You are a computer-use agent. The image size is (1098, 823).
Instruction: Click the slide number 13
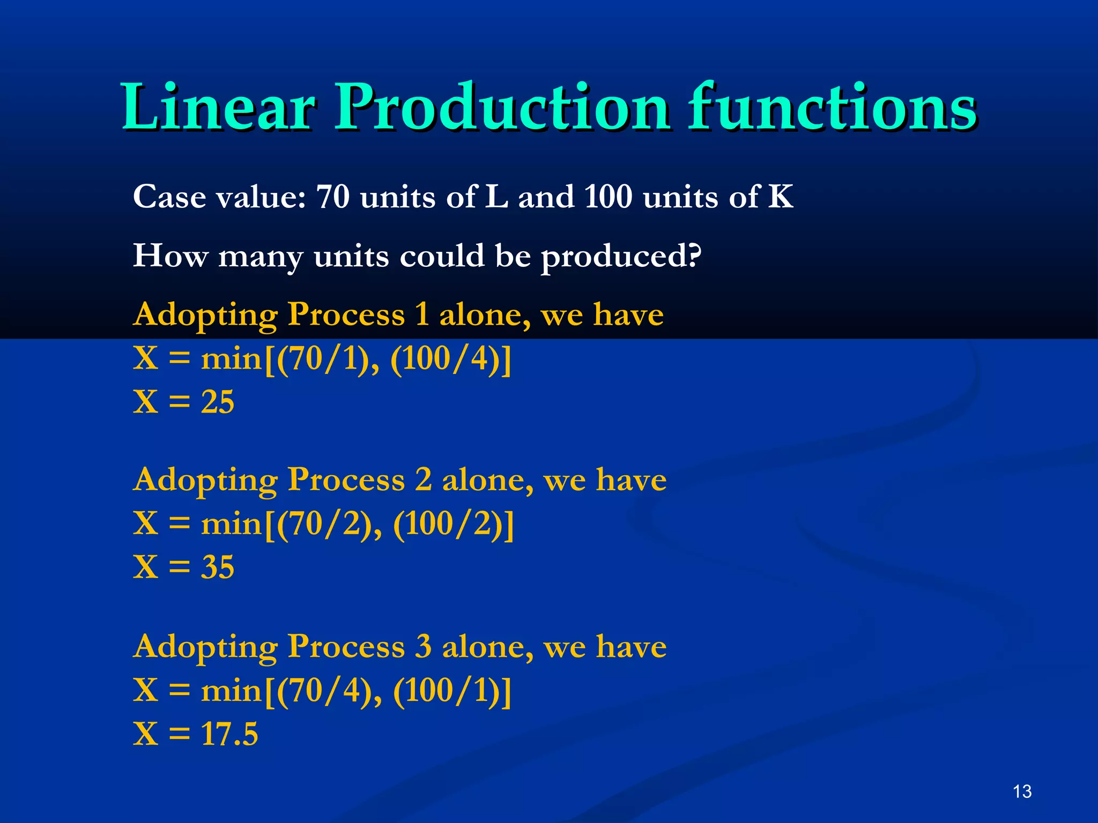click(1022, 791)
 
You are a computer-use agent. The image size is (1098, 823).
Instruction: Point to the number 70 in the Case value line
click(332, 197)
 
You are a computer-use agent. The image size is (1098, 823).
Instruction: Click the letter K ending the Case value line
click(781, 197)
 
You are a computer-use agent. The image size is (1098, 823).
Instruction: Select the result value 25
click(218, 402)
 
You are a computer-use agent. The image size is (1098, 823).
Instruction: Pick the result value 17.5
click(229, 734)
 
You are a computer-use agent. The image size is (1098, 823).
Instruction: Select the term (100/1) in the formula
click(447, 690)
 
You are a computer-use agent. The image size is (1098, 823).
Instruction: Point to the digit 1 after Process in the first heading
click(422, 314)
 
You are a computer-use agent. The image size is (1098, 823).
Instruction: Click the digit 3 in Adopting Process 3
click(424, 647)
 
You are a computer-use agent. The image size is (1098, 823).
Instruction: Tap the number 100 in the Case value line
click(608, 197)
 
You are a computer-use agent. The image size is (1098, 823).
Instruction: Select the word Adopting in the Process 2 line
click(205, 480)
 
